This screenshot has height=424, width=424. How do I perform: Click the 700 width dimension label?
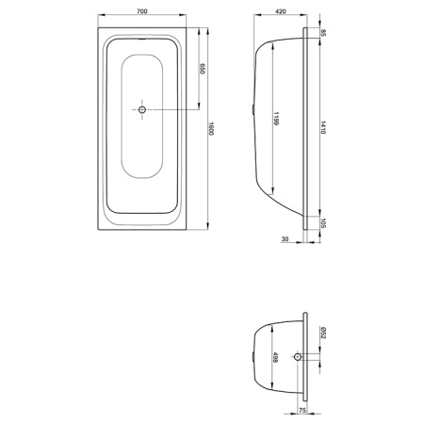142,11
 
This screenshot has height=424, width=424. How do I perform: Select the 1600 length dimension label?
211,128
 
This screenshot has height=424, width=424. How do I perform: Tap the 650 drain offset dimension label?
202,69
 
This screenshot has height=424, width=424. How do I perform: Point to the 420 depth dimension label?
281,11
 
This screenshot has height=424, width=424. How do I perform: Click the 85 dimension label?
324,33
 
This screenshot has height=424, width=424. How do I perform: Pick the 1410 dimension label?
323,127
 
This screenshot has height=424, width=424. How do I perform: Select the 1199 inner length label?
276,119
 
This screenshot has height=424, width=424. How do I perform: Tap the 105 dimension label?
324,223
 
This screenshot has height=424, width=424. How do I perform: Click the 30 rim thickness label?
285,239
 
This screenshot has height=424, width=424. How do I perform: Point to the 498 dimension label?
275,357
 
